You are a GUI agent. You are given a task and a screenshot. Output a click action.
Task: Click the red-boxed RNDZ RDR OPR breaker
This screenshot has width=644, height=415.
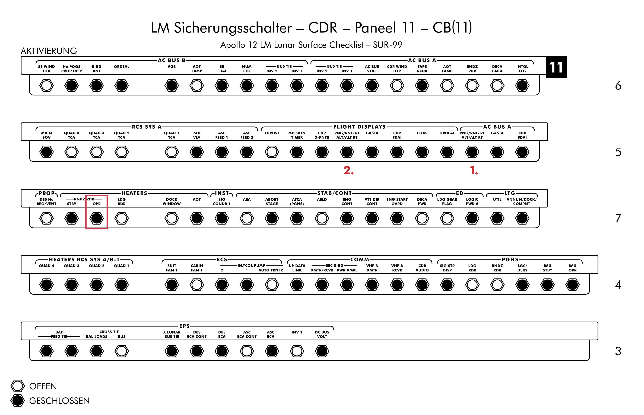click(x=97, y=218)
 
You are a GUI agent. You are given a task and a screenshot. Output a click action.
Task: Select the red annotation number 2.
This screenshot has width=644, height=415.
click(x=348, y=171)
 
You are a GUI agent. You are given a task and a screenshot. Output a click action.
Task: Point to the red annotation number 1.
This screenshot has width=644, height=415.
click(x=474, y=171)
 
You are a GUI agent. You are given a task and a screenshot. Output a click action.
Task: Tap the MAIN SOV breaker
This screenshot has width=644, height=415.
click(x=46, y=152)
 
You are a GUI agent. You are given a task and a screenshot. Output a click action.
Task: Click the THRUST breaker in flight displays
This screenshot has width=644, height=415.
click(x=272, y=152)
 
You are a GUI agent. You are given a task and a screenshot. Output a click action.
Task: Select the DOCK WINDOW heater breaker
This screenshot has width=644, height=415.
click(x=172, y=218)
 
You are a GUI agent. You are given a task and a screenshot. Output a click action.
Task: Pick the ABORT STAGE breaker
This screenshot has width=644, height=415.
click(x=272, y=218)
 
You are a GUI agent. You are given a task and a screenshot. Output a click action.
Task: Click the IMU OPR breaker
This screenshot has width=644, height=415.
click(x=572, y=285)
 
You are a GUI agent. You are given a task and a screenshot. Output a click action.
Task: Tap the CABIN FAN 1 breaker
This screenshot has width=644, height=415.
click(x=197, y=285)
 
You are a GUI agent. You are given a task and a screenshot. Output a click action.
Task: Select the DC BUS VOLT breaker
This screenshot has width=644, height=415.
click(x=322, y=351)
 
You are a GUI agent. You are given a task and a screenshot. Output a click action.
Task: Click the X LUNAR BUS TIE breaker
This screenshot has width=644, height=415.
click(x=172, y=351)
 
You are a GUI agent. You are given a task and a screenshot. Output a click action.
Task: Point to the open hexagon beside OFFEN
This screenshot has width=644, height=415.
click(x=18, y=386)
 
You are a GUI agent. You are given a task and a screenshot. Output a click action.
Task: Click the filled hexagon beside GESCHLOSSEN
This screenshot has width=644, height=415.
click(x=18, y=400)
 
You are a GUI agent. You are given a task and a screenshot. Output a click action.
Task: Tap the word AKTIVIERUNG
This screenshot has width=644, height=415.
click(x=49, y=51)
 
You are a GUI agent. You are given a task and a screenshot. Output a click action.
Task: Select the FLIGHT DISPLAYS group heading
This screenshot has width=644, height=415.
click(x=360, y=127)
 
